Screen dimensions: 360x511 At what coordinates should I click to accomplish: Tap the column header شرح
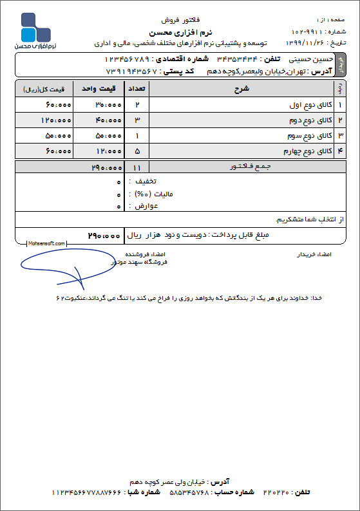(x=240, y=88)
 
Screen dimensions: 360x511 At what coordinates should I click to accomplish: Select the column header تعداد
(x=138, y=88)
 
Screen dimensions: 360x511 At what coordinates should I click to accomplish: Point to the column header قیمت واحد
(x=98, y=88)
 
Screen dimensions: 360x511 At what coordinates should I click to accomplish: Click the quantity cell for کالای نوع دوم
(x=137, y=120)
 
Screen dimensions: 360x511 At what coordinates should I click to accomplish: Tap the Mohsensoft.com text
(x=47, y=244)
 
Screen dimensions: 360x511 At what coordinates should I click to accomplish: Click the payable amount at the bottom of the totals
(x=104, y=236)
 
